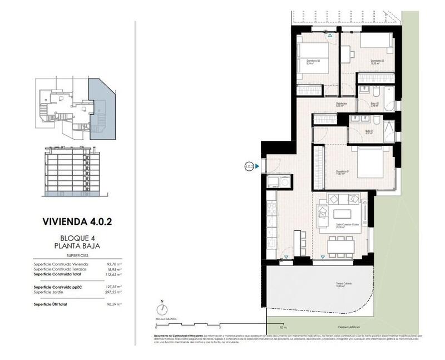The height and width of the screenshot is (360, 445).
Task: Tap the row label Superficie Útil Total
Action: (x=54, y=304)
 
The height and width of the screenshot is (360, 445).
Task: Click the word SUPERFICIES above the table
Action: (x=76, y=255)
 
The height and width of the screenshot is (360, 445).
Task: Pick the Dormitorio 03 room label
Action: (x=308, y=60)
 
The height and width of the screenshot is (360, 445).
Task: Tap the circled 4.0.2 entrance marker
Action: (x=249, y=165)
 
